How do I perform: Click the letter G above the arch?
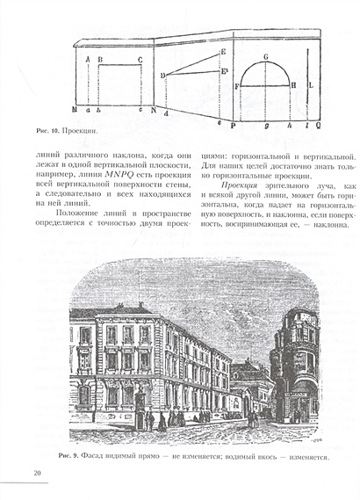[x=264, y=56]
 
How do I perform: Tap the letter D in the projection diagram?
[x=163, y=76]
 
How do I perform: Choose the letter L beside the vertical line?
[x=313, y=84]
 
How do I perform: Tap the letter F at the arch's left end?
[x=237, y=86]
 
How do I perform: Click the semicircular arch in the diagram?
[x=265, y=74]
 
